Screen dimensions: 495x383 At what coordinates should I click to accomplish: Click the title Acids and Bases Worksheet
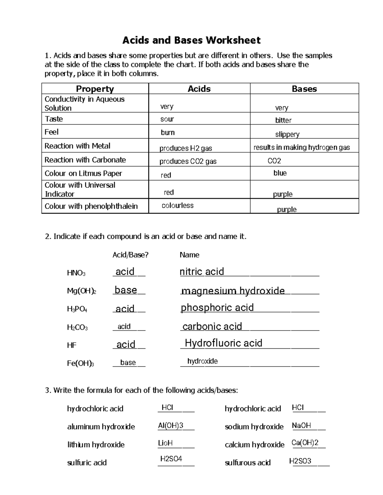click(191, 40)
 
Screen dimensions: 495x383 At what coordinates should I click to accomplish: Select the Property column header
click(95, 89)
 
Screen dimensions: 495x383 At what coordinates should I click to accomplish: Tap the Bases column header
click(304, 89)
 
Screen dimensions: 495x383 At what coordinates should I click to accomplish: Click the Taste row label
click(54, 119)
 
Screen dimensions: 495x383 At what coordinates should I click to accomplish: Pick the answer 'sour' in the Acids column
click(167, 119)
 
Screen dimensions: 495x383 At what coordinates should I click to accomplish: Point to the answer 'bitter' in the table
click(283, 120)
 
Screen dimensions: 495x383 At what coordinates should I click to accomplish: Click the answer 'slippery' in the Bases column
click(287, 134)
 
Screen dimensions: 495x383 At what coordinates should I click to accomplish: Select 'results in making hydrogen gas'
click(302, 147)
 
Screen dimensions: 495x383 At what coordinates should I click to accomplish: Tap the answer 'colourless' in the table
click(177, 206)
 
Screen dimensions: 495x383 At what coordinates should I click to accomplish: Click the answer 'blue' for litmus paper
click(280, 173)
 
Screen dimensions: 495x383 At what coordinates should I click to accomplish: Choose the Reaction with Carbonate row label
click(85, 160)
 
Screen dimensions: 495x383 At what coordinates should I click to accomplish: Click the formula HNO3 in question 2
click(76, 273)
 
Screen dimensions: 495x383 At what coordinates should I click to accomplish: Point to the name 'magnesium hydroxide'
click(233, 291)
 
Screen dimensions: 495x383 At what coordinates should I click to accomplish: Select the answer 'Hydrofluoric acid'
click(223, 343)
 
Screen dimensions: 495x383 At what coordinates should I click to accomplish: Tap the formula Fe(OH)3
click(80, 363)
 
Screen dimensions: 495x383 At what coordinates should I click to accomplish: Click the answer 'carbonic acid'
click(212, 326)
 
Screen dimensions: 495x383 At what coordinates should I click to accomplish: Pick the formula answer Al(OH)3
click(170, 426)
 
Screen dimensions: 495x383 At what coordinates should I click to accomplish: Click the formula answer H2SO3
click(300, 461)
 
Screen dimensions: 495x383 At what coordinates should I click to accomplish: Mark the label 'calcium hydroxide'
click(254, 445)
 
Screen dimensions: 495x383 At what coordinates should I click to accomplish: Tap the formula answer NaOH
click(301, 426)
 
